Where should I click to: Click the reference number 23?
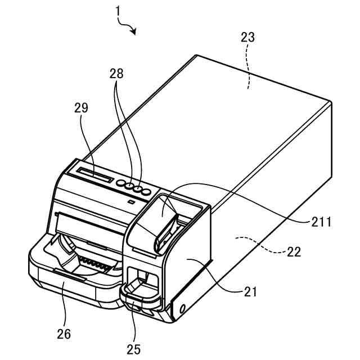click(247, 38)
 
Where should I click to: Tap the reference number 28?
click(117, 74)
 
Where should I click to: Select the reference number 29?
click(81, 108)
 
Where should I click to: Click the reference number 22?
click(292, 251)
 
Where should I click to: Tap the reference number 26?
click(64, 334)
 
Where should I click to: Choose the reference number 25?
click(133, 349)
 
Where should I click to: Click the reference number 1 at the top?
click(118, 11)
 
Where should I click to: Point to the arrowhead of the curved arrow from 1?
click(134, 32)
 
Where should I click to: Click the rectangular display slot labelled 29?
click(94, 175)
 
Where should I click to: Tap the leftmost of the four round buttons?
click(120, 182)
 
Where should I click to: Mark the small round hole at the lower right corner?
click(182, 308)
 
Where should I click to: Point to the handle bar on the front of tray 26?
click(70, 275)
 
